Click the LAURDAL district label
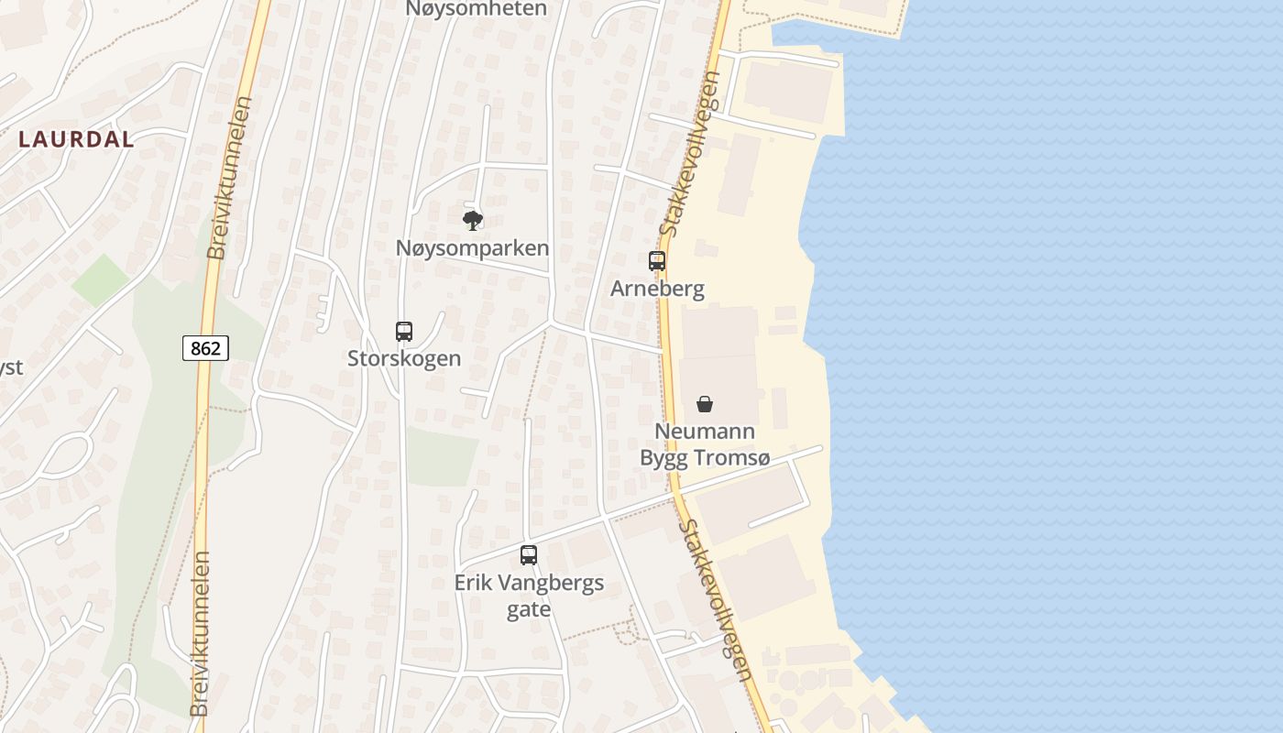(76, 139)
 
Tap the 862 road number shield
(205, 348)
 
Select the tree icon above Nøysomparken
(473, 220)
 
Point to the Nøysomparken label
(472, 247)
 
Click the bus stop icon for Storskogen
(404, 332)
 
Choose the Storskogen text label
(404, 358)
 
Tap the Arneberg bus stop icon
(657, 261)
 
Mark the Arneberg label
(657, 289)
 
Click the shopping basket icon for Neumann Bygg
(705, 404)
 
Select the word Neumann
(705, 432)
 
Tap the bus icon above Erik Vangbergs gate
(529, 555)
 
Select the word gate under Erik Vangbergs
(529, 609)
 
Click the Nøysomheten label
(477, 9)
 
